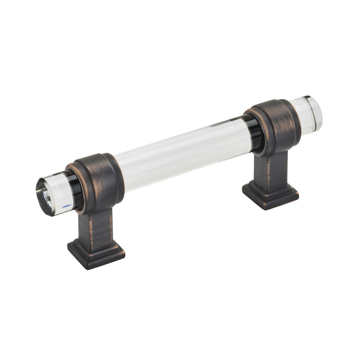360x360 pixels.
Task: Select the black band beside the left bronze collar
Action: [x=75, y=190]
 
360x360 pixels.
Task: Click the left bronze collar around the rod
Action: [x=100, y=180]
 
